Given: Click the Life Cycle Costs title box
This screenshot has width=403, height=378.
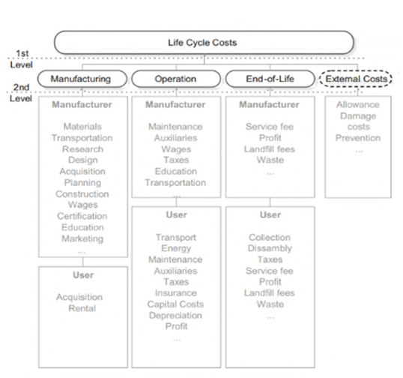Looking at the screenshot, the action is click(x=204, y=43).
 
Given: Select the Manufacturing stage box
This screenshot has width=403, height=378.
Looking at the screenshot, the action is click(x=82, y=79).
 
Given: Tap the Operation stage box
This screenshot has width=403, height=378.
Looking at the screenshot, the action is click(x=176, y=79).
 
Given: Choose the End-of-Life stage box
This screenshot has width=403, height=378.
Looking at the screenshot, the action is click(x=270, y=79).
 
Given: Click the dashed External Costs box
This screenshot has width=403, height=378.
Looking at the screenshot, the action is click(x=356, y=79).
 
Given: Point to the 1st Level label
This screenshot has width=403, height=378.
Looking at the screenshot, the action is click(x=22, y=59).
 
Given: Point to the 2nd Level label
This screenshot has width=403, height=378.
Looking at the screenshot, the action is click(x=21, y=93).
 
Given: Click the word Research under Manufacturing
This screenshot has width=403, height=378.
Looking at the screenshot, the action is click(x=82, y=149).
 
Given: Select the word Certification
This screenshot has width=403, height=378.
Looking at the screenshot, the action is click(x=82, y=216).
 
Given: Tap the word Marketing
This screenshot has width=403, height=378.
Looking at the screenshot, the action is click(x=82, y=238).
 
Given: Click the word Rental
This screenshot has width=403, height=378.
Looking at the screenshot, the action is click(x=82, y=308).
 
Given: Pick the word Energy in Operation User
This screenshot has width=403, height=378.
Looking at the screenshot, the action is click(x=176, y=248).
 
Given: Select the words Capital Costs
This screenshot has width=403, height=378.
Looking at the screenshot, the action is click(x=175, y=304).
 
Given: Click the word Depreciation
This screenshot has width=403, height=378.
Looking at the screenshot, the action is click(x=175, y=316).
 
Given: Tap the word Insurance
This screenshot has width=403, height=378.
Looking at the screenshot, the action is click(x=176, y=293).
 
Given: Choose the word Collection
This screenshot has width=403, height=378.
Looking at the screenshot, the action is click(x=270, y=238).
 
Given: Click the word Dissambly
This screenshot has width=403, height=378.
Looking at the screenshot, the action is click(x=270, y=248).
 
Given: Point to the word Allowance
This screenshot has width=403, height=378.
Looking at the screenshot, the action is click(x=358, y=105).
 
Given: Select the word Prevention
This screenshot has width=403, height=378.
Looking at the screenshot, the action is click(x=358, y=138).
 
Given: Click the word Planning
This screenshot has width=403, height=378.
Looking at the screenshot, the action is click(x=82, y=183).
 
